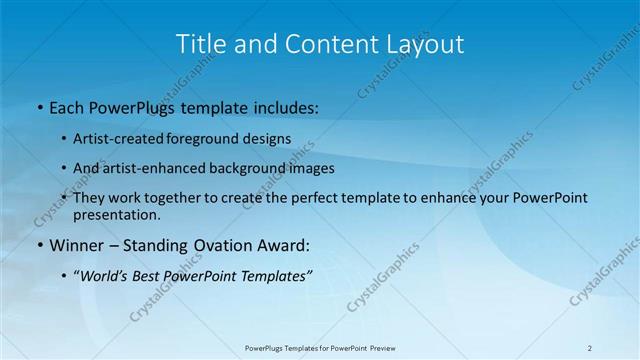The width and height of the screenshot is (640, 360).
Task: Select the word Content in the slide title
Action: [x=321, y=44]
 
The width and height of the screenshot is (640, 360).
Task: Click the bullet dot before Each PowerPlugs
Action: [x=38, y=107]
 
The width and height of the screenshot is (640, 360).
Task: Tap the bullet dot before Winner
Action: [x=38, y=245]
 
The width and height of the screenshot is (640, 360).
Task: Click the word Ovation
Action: [x=209, y=245]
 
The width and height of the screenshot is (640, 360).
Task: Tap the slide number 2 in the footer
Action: [x=590, y=348]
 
